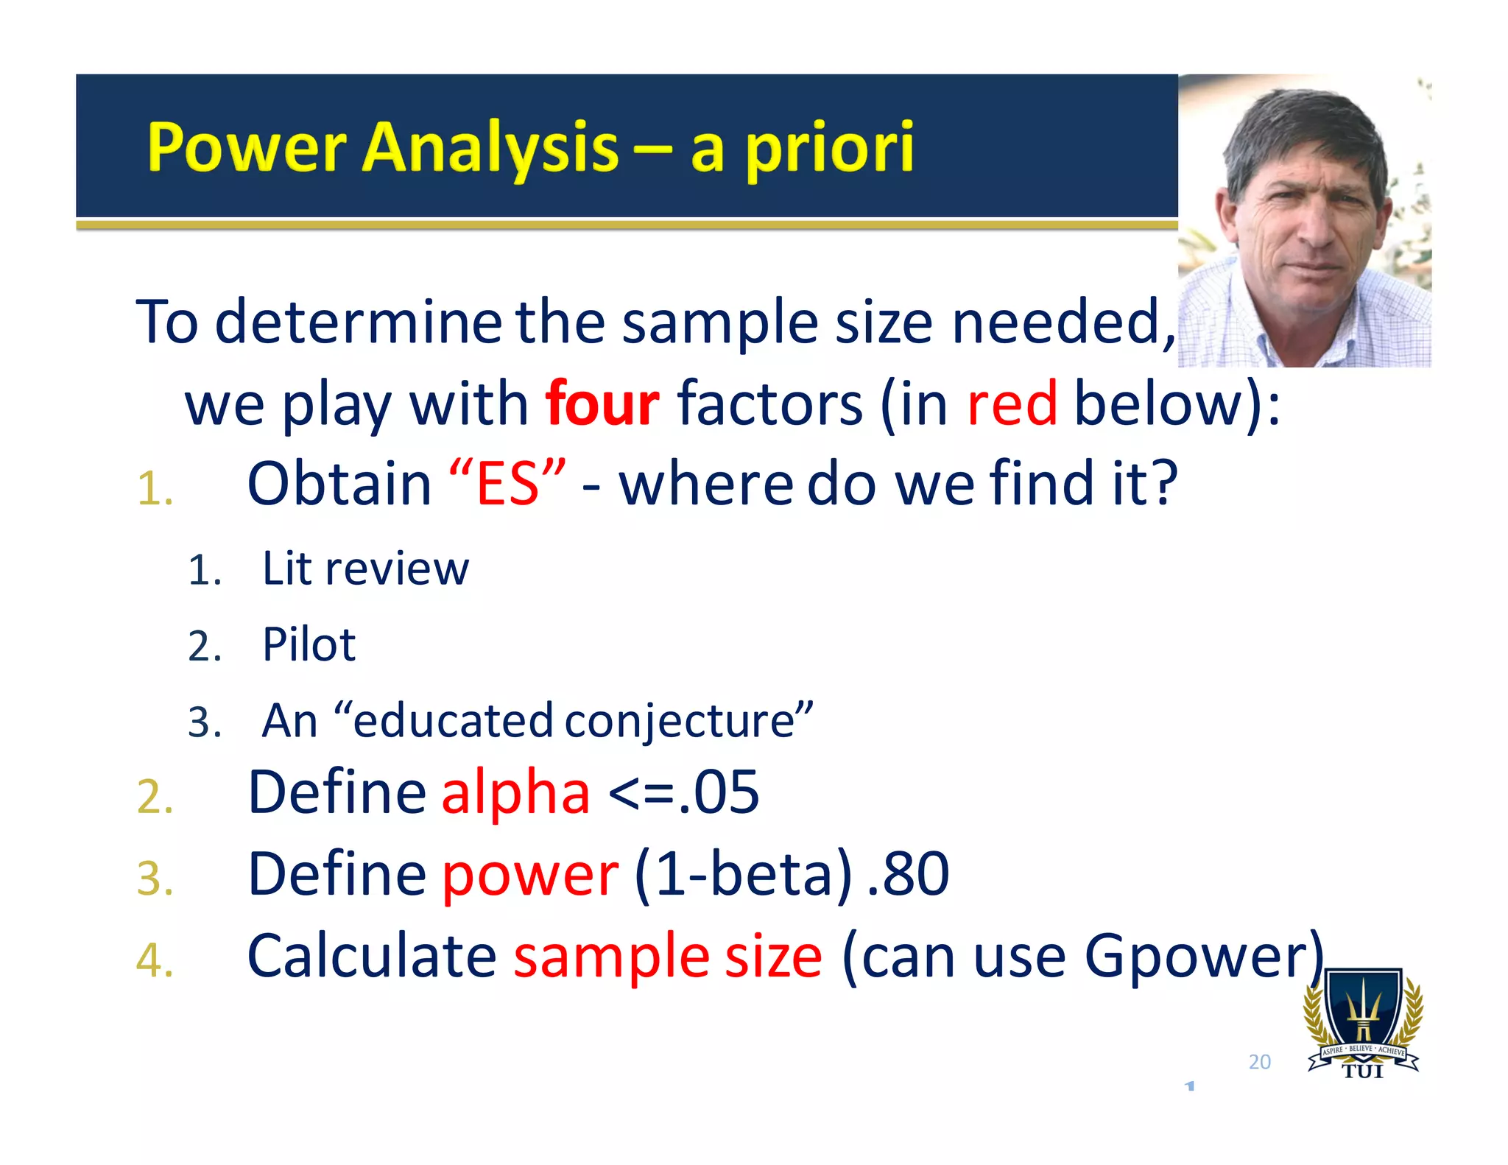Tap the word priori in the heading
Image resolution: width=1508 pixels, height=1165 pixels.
pyautogui.click(x=830, y=148)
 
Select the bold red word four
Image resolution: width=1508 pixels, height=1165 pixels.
pyautogui.click(x=602, y=404)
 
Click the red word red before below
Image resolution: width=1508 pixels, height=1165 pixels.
pyautogui.click(x=1012, y=404)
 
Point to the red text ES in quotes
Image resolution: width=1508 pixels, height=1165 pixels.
pyautogui.click(x=507, y=485)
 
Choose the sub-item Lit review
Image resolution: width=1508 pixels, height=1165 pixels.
pyautogui.click(x=365, y=569)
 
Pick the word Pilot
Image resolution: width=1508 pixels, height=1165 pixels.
pyautogui.click(x=309, y=645)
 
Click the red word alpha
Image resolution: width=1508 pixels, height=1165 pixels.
pyautogui.click(x=515, y=793)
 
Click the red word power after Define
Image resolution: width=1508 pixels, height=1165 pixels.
pyautogui.click(x=530, y=876)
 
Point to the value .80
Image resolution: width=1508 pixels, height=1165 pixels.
pyautogui.click(x=908, y=874)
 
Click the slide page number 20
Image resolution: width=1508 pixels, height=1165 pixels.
pyautogui.click(x=1259, y=1062)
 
